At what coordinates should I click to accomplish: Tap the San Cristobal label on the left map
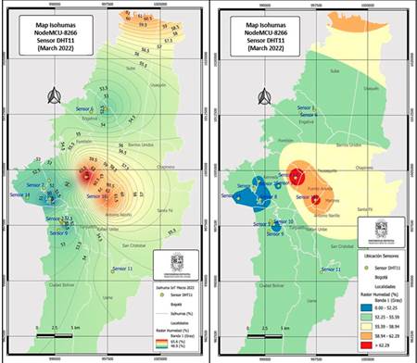(x=134, y=244)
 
